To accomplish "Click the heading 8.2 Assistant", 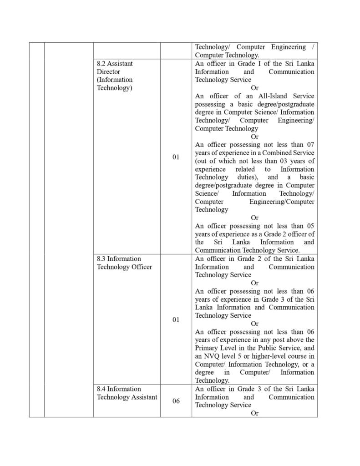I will click(115, 64).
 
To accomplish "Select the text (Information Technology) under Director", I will click(115, 84).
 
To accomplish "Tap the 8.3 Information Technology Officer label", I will click(124, 263).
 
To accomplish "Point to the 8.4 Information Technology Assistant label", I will click(127, 393).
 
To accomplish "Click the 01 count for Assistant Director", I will click(176, 157).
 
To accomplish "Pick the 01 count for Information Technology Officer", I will click(176, 319).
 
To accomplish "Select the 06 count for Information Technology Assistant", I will click(176, 401).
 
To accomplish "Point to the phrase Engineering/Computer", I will click(282, 201).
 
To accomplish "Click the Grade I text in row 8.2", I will click(250, 64).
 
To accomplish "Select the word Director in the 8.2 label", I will click(108, 71).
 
